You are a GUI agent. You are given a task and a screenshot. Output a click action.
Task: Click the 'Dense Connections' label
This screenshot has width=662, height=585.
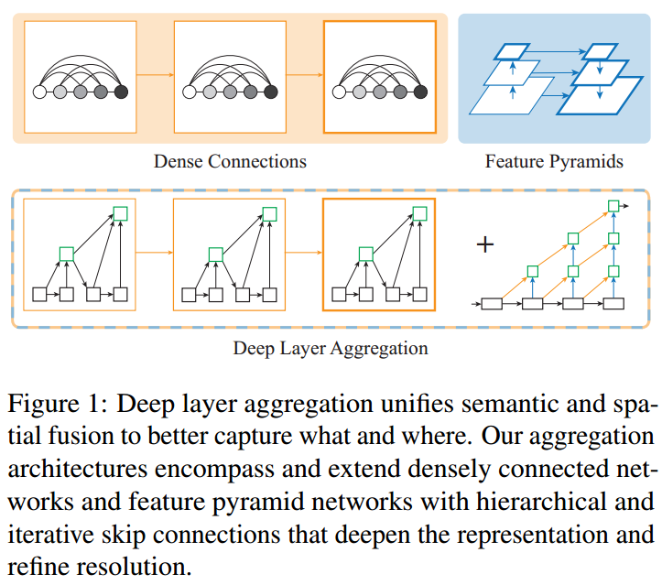(229, 162)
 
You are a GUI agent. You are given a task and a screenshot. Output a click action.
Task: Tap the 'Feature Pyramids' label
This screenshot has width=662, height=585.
(554, 162)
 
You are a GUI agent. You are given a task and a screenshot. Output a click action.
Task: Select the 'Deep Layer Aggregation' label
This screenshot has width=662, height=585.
(331, 349)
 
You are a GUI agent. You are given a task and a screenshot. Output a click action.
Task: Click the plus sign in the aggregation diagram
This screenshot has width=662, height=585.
(485, 244)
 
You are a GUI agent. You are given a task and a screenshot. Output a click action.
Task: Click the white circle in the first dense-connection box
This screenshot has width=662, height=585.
(39, 92)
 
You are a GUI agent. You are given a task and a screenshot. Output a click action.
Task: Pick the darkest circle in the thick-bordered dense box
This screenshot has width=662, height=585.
(420, 92)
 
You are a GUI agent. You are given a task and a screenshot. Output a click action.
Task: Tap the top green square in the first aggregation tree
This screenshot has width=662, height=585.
(120, 213)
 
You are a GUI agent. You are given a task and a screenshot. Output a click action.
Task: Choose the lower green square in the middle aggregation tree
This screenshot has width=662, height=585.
(215, 253)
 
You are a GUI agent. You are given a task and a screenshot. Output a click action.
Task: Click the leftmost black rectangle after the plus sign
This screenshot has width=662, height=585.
(492, 302)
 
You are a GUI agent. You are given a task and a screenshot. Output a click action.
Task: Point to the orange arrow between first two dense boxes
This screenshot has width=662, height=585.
(155, 76)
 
